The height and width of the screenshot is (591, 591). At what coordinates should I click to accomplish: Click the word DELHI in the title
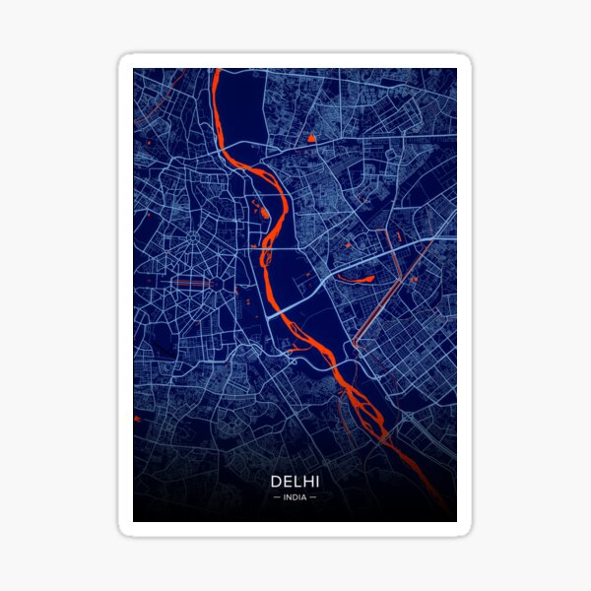click(295, 482)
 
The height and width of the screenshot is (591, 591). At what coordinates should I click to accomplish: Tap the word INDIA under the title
click(295, 497)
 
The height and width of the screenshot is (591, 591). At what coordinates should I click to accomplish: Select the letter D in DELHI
click(274, 482)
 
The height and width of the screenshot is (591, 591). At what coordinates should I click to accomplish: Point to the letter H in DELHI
click(306, 482)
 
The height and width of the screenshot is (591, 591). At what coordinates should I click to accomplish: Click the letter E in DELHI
click(285, 482)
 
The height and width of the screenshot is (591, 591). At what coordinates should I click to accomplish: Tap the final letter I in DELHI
click(316, 482)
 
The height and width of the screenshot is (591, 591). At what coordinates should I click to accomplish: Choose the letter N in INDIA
click(289, 497)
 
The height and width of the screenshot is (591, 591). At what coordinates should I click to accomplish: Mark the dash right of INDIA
click(313, 497)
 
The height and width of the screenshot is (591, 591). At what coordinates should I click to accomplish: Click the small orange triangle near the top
click(311, 139)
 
